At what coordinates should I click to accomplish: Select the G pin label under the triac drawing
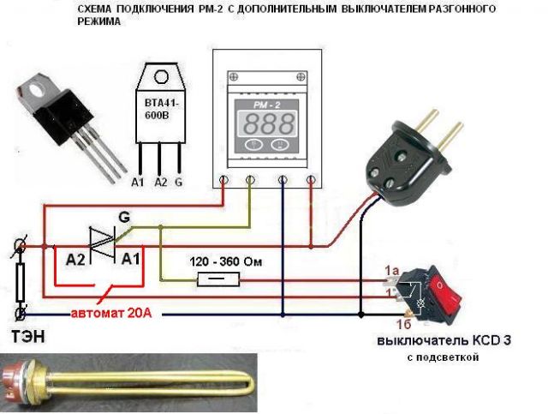178,183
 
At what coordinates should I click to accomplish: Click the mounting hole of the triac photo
37,86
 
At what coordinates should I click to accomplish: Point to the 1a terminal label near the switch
392,271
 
